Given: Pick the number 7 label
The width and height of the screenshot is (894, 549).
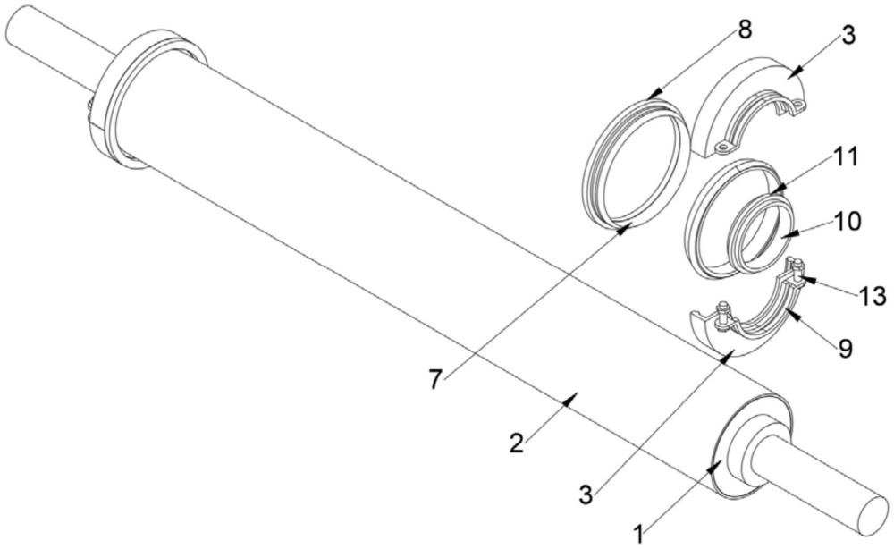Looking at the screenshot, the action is [x=435, y=380].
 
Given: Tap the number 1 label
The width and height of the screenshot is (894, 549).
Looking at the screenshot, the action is [x=640, y=534].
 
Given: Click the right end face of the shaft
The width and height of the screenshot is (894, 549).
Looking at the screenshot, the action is [x=877, y=519].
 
